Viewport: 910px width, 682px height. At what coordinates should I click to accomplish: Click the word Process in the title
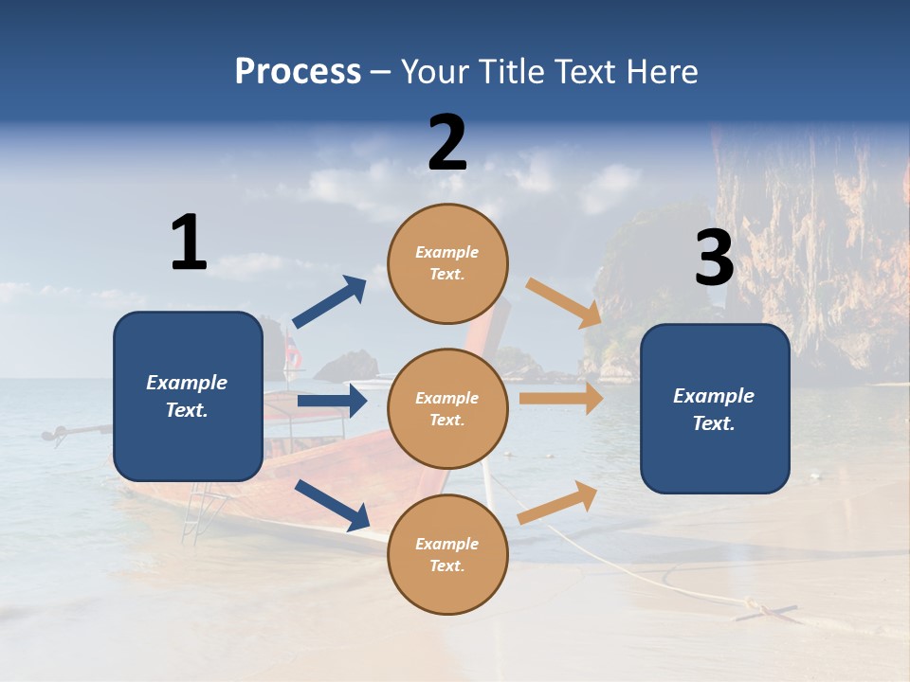(298, 72)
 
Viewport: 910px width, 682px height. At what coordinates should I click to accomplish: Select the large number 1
(189, 242)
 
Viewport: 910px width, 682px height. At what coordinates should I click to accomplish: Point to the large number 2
(447, 143)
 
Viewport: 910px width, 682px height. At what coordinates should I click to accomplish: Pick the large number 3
(714, 259)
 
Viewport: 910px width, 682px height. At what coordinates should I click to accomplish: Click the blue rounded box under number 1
(188, 396)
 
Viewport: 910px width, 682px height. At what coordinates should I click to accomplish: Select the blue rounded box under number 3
(715, 408)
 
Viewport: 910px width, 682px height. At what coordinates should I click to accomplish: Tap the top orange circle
(447, 263)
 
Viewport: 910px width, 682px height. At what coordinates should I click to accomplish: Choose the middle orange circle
(447, 408)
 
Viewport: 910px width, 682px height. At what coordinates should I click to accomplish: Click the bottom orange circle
(447, 554)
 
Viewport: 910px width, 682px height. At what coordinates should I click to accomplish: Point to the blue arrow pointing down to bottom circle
(332, 505)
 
